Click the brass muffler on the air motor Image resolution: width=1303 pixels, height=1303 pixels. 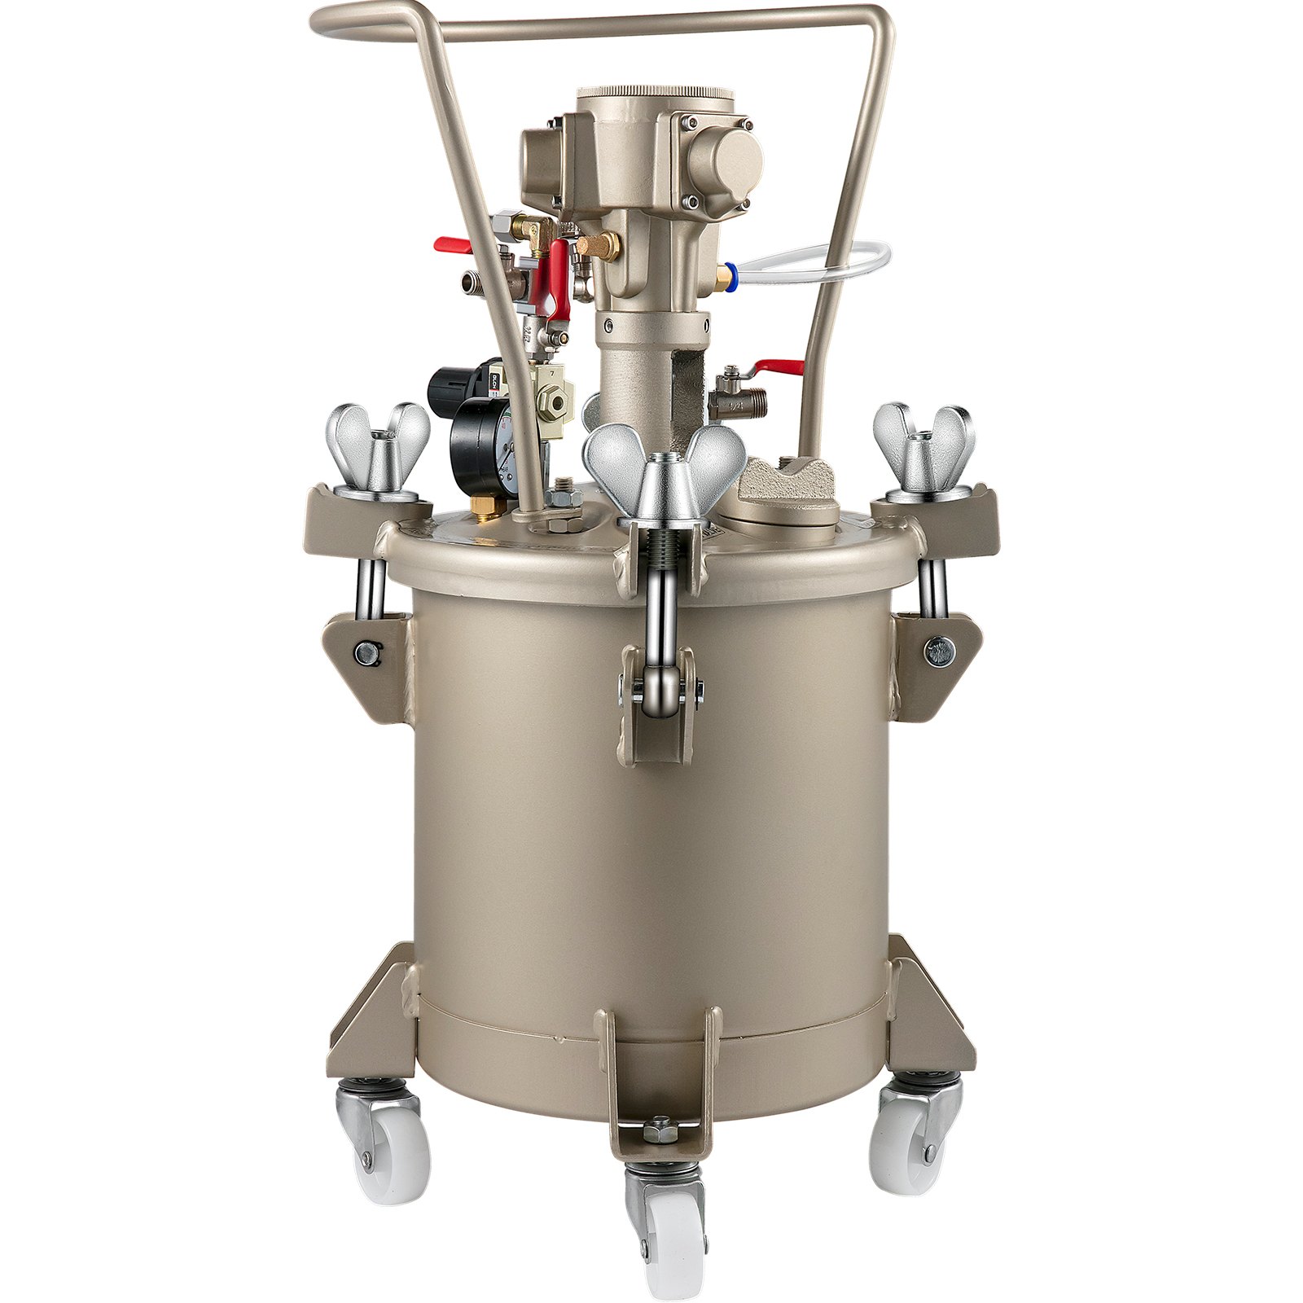click(x=600, y=243)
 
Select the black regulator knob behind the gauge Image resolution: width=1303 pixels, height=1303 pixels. click(x=452, y=383)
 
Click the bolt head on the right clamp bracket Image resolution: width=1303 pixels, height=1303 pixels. click(x=939, y=649)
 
